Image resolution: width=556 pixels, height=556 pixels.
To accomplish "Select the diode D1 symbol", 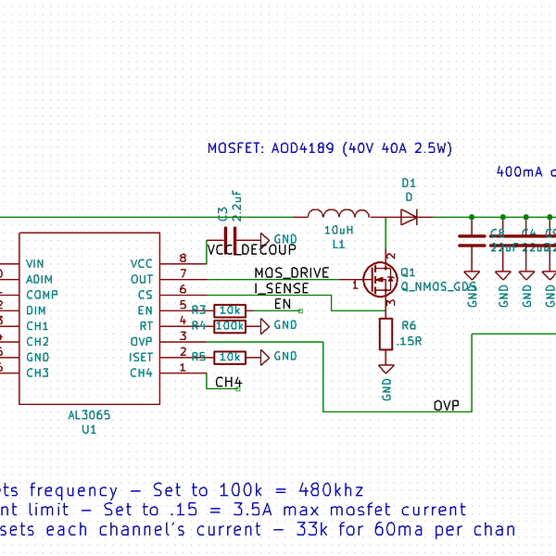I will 409,218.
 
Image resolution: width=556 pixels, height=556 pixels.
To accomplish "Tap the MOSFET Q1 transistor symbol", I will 380,277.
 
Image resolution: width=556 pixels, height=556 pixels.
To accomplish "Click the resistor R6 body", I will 386,334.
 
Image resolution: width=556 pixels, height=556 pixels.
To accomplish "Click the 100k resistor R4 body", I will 229,325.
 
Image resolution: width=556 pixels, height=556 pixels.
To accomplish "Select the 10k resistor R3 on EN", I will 229,310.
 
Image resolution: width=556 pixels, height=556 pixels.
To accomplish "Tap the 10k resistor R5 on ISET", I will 229,357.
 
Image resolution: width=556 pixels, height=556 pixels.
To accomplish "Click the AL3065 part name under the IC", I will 89,416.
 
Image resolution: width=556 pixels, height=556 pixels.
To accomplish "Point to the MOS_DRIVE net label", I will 291,272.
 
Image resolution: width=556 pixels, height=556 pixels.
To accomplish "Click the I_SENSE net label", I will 282,288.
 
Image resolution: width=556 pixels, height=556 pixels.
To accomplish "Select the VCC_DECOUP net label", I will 252,250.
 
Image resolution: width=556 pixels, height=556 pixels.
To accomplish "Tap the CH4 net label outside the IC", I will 228,382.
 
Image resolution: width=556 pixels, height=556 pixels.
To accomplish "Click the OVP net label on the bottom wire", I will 446,406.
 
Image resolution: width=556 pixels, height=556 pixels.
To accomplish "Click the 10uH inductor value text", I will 337,230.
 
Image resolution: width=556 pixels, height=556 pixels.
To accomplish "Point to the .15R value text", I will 410,341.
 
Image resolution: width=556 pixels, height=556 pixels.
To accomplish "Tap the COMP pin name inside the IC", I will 43,295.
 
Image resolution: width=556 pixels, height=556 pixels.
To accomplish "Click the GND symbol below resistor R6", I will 386,369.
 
